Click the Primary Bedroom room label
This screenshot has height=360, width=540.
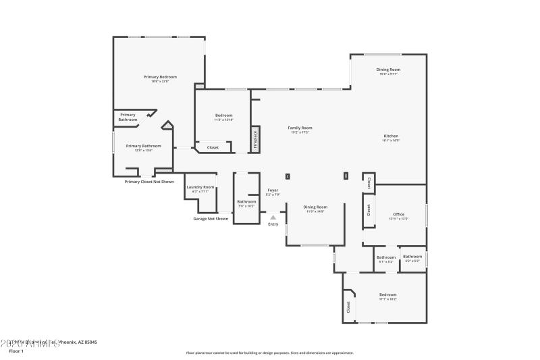160,77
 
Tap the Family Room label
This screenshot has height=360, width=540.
300,128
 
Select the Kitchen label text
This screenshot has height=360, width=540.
391,136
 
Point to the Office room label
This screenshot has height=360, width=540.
398,214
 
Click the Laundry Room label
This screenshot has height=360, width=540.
200,187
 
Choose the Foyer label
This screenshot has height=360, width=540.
273,190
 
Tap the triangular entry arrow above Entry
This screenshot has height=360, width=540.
273,217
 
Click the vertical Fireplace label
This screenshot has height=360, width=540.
255,140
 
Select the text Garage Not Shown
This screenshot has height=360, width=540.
211,219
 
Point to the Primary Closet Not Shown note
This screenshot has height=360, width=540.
149,182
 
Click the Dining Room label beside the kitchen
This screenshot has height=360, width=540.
388,70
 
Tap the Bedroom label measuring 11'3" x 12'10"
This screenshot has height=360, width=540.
223,115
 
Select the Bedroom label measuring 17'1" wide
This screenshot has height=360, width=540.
387,294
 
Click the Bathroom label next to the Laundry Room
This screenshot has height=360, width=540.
246,201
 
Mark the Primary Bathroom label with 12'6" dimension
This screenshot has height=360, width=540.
143,146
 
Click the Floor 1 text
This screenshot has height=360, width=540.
16,351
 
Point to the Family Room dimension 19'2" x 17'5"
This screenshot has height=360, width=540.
300,132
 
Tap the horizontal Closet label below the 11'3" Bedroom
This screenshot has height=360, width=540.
213,147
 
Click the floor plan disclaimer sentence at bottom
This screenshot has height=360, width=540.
269,353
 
